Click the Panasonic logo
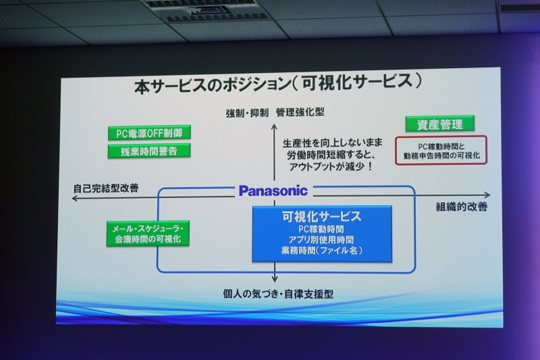(273, 191)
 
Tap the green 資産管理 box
(439, 124)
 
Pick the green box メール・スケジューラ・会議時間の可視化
(148, 234)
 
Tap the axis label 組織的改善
(460, 207)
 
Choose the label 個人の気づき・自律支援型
(278, 294)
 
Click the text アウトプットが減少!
(327, 165)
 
